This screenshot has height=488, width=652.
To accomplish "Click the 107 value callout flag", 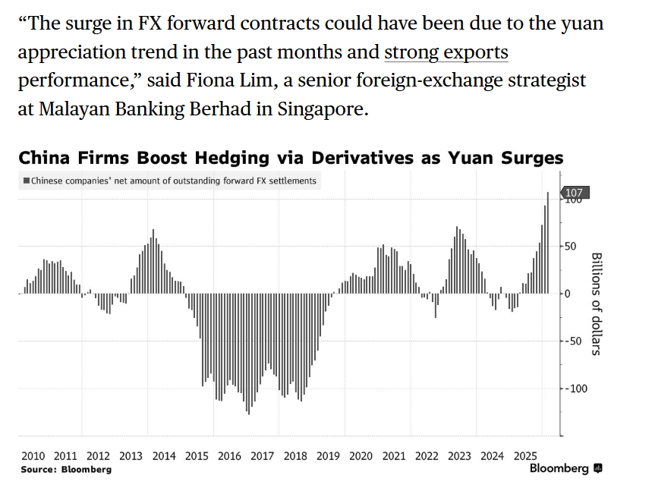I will [575, 193].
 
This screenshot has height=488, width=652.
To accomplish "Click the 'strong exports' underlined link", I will [446, 54].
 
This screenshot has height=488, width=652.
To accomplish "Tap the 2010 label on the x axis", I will [33, 456].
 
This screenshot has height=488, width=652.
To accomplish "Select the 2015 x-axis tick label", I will [197, 456].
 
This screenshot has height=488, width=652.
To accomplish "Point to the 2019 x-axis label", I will [328, 456].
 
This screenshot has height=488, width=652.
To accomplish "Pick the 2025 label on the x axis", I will [525, 456].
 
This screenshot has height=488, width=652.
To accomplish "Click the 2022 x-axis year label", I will [427, 456].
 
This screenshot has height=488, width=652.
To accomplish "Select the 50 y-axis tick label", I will [570, 247].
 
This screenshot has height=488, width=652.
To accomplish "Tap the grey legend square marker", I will [27, 181].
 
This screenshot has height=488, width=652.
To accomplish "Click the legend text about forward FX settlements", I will [174, 181].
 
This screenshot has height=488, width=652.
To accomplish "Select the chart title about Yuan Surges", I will [291, 158].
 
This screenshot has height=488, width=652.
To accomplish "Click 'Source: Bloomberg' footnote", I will [66, 470].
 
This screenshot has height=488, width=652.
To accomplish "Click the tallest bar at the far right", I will [548, 243].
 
